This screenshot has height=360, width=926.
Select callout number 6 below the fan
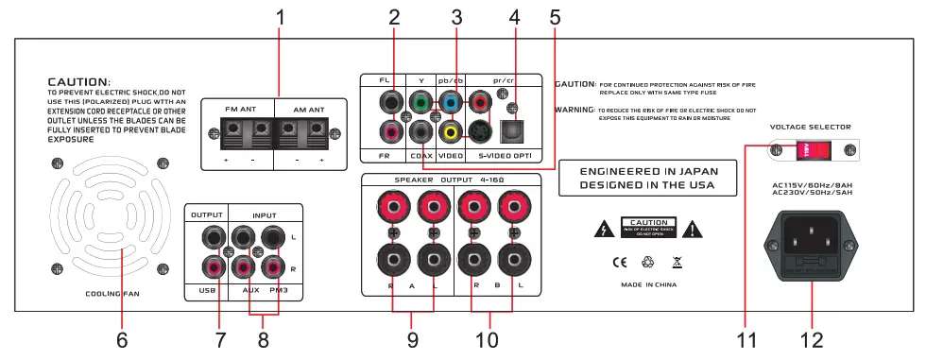coord(122,338)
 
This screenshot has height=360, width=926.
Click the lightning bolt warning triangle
coord(598,228)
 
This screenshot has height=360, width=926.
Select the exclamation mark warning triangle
coord(694,228)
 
